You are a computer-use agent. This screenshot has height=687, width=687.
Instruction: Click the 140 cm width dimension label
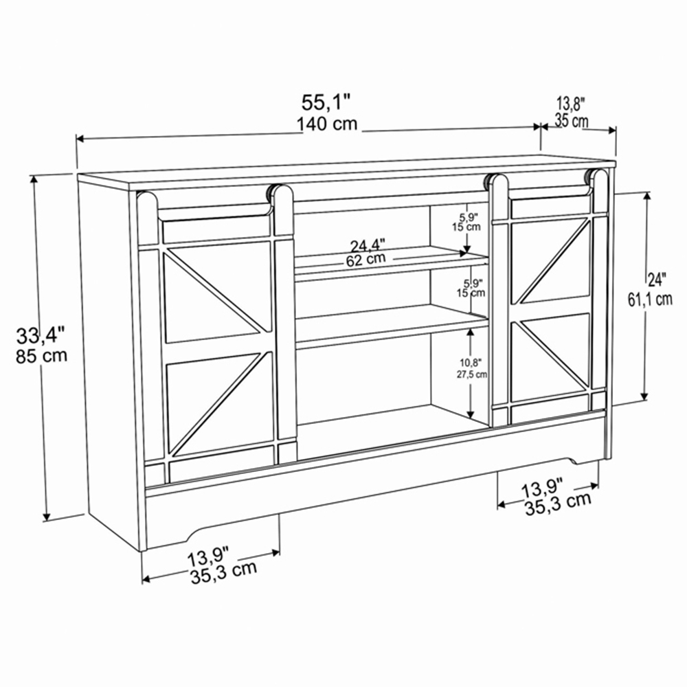327,124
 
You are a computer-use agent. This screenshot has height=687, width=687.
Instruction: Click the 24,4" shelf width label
367,245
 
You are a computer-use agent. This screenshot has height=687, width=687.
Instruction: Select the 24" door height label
657,280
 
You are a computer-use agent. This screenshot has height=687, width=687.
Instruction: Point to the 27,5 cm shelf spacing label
471,374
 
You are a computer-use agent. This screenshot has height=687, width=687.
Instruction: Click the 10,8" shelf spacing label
471,362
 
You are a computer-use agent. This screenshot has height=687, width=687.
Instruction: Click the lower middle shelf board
392,326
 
